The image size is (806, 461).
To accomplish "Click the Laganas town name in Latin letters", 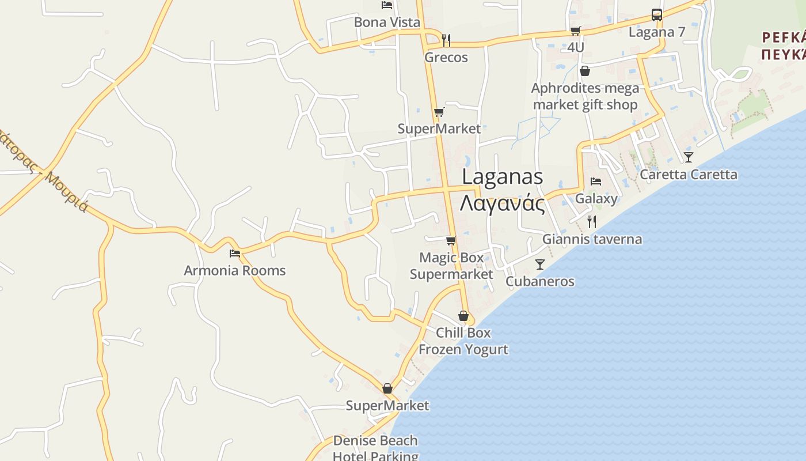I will (x=502, y=176).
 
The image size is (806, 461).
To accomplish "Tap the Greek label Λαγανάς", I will (x=502, y=203).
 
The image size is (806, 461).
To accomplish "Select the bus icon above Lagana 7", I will (x=656, y=15).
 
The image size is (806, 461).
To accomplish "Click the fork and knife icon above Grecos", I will (x=446, y=40).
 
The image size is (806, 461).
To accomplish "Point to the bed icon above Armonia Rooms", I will (x=234, y=253).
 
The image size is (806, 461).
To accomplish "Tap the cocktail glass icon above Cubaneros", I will (x=539, y=264).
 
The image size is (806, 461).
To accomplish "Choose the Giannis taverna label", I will (x=592, y=239).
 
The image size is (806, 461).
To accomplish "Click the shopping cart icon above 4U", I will (x=575, y=31).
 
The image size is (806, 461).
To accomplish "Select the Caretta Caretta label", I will (x=688, y=175).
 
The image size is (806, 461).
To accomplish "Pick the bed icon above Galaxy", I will (x=596, y=182).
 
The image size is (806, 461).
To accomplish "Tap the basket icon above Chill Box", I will (x=463, y=316).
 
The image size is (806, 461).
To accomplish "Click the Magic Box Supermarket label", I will (x=451, y=266).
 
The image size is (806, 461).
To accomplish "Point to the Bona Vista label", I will (x=387, y=22).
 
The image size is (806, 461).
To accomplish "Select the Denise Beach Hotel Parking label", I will (x=375, y=448).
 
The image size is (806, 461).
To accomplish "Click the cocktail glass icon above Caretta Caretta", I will (x=688, y=157).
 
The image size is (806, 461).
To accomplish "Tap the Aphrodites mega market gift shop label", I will (x=585, y=96).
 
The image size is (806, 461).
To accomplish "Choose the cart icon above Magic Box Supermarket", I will (x=451, y=240).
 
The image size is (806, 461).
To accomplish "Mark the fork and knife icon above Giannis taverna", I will (x=591, y=222).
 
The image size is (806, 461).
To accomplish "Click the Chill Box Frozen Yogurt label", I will (x=463, y=341).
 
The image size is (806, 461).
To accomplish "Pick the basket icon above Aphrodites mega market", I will (x=585, y=71).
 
